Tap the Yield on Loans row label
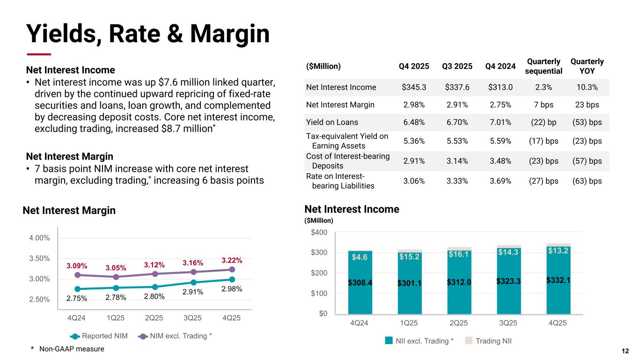click(332, 122)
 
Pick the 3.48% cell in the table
click(500, 161)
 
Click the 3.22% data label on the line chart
click(232, 260)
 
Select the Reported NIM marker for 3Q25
click(193, 282)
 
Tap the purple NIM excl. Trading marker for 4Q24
click(77, 275)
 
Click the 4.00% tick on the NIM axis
click(39, 238)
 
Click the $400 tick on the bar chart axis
click(320, 233)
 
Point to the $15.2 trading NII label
click(410, 256)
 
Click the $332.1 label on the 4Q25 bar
click(558, 280)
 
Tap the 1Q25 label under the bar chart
click(410, 323)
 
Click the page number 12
click(625, 351)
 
